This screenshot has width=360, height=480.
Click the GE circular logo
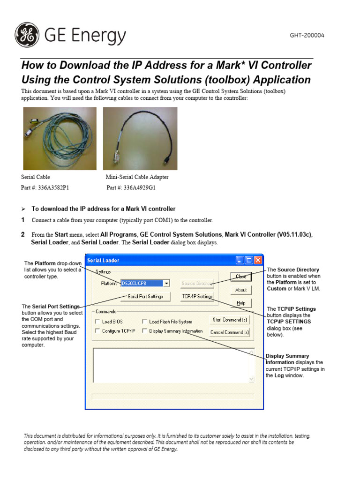27,36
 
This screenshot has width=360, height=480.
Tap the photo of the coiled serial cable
60,138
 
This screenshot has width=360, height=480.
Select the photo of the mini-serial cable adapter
140,138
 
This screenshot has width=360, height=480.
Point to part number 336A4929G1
131,187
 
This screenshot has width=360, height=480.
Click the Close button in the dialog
241,277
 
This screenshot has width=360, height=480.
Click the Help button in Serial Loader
241,303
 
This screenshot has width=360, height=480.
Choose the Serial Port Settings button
145,296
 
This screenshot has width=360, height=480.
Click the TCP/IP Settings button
197,296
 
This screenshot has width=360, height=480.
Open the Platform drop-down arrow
166,283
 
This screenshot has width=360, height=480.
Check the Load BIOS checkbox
97,322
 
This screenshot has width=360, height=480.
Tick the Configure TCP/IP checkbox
97,331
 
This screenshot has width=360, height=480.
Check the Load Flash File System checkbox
145,322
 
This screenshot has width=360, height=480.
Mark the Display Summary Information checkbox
145,331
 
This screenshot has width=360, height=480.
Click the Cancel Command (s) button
230,332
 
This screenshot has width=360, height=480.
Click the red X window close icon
258,260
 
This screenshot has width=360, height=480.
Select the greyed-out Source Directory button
197,283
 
